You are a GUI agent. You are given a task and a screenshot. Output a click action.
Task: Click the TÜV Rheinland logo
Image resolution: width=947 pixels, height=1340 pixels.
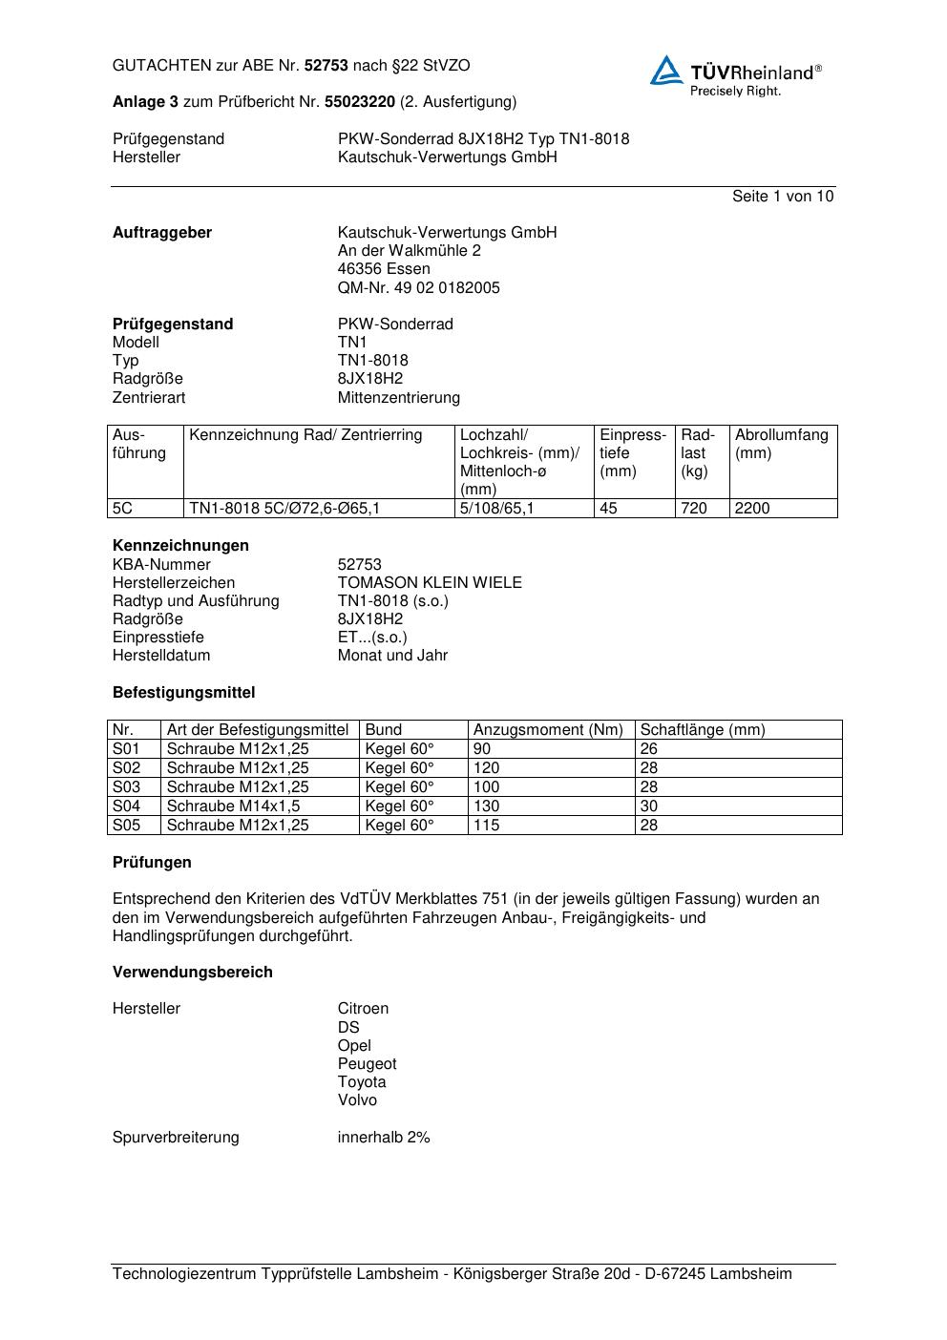735,75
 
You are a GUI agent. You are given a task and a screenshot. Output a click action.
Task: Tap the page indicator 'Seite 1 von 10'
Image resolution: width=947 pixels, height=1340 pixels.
783,197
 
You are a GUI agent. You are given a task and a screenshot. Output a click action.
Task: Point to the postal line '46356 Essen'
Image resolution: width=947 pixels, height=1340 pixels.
384,269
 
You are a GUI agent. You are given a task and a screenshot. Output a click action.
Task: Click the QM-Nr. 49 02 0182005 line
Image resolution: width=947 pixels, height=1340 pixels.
418,288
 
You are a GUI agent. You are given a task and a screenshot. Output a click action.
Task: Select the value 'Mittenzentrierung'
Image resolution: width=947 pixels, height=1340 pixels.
398,397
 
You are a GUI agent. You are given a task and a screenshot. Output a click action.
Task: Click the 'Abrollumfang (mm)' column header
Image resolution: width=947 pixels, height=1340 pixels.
782,444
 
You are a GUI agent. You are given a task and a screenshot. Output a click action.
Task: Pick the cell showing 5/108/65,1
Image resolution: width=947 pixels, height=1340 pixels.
496,509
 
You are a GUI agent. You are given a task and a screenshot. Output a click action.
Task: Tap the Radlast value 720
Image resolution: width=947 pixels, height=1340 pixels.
694,509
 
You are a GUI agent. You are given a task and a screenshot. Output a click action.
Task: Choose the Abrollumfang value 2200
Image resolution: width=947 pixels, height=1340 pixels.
752,509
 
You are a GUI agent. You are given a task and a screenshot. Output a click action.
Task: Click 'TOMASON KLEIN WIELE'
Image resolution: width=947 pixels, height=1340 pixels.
430,583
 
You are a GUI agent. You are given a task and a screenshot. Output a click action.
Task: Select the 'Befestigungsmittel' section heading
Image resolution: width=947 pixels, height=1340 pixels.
183,693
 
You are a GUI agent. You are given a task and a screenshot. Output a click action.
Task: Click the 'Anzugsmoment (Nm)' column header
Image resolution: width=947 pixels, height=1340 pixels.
548,730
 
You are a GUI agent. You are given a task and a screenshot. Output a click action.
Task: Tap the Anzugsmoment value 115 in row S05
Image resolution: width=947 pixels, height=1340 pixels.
487,826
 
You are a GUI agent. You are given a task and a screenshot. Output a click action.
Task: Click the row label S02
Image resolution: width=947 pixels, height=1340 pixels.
126,768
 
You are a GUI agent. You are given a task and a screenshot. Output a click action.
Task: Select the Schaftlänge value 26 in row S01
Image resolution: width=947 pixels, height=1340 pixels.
649,749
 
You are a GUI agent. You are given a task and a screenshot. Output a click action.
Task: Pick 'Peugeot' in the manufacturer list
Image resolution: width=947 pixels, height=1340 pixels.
367,1064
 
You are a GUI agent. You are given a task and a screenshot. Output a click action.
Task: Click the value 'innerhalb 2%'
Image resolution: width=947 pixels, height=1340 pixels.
384,1138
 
